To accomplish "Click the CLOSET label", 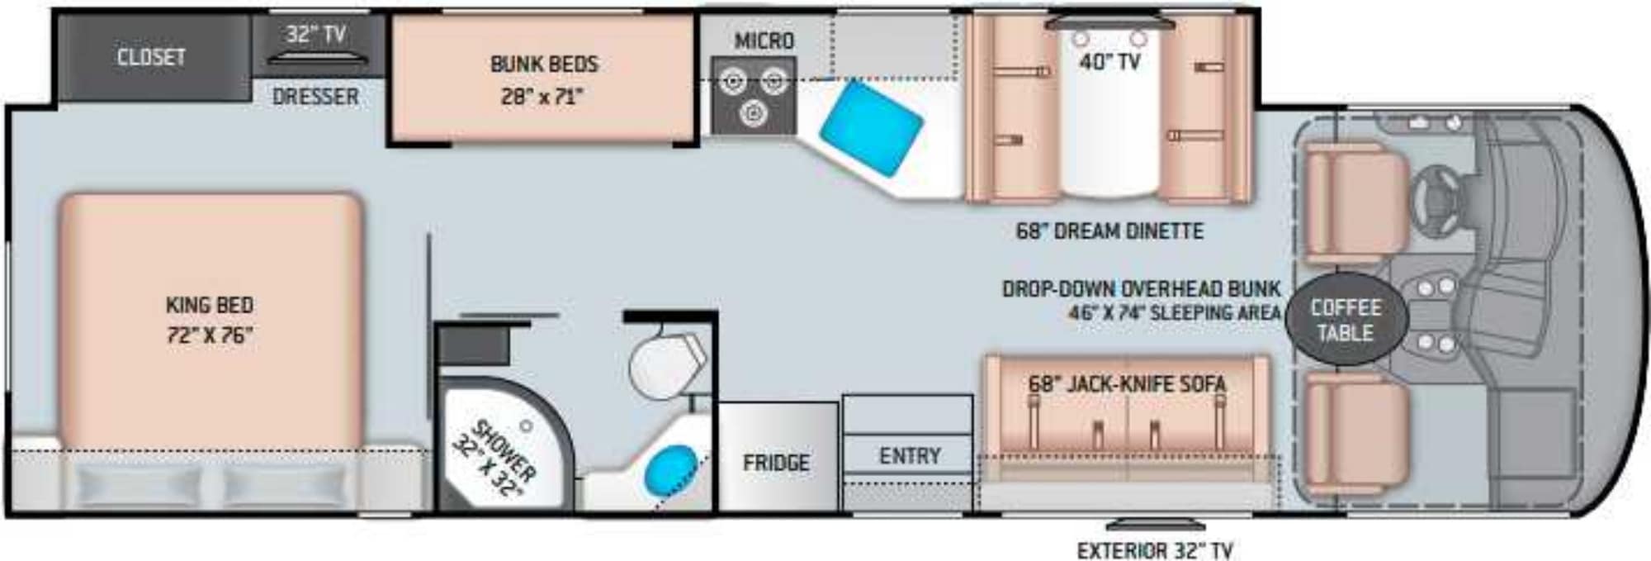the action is (151, 57).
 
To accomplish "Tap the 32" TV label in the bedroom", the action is (315, 35).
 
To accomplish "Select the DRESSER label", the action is (315, 97).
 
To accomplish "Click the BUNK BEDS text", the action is (544, 64).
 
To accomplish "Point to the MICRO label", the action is (764, 40).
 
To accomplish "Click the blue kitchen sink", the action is (871, 128).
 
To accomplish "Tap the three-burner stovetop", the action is (754, 95).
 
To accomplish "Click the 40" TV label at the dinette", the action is (1110, 62).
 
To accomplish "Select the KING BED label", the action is (210, 305).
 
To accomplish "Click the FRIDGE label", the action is (776, 463).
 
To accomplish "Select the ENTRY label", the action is (910, 456).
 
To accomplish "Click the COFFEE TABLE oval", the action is (1346, 320).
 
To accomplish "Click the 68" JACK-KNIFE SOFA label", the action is (1127, 384).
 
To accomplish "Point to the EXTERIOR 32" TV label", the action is (1155, 550).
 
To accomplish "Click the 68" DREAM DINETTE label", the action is (1109, 231).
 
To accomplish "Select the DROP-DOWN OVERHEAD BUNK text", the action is (1142, 289).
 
